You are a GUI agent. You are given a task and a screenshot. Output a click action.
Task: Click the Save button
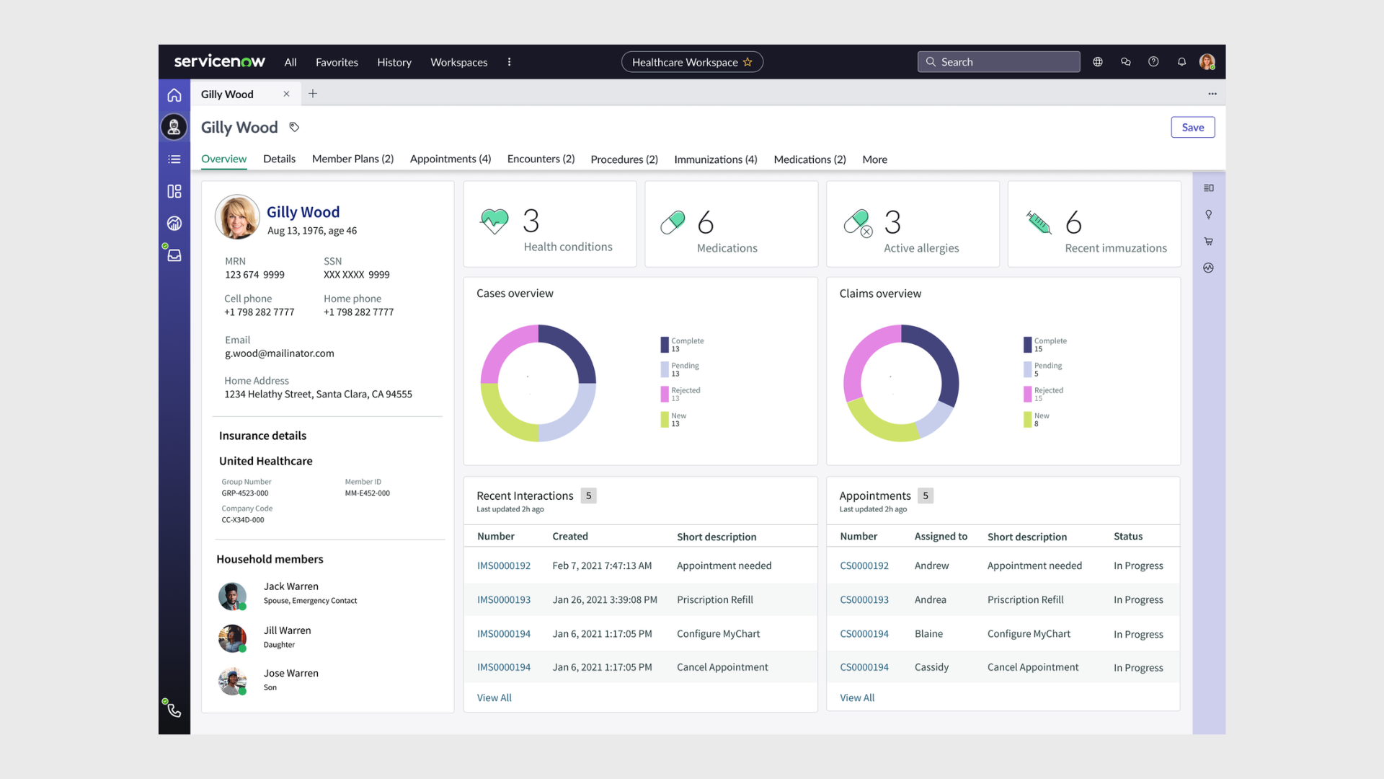click(x=1192, y=128)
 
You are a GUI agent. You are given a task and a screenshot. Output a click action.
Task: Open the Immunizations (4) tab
click(x=715, y=159)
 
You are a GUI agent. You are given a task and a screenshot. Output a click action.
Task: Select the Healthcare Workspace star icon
click(x=748, y=62)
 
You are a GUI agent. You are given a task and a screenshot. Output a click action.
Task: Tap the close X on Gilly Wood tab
click(x=286, y=94)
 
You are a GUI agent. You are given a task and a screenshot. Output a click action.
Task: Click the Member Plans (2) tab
click(x=352, y=159)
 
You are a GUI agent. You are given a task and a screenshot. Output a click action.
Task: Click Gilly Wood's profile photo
click(x=237, y=216)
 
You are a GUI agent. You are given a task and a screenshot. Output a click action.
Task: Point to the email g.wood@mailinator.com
click(x=279, y=353)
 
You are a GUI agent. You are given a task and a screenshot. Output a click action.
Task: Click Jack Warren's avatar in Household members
click(x=232, y=596)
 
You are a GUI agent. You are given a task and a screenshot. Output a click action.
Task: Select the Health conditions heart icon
click(x=494, y=221)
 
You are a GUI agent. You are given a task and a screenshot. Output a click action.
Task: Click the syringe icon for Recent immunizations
click(x=1038, y=222)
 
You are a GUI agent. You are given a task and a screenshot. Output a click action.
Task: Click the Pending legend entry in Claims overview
click(x=1047, y=369)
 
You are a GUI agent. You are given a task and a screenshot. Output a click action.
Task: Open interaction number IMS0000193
click(x=503, y=600)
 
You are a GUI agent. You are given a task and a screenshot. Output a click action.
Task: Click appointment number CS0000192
click(x=864, y=566)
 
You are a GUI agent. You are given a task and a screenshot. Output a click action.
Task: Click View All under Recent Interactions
click(x=494, y=697)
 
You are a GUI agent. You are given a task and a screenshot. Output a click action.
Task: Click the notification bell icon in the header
click(x=1181, y=62)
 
